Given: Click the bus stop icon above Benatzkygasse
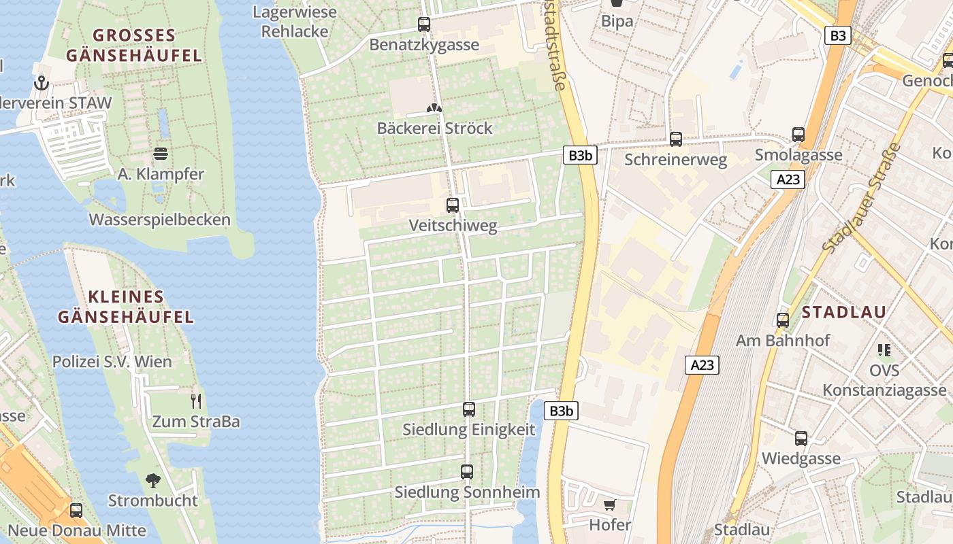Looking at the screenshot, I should pyautogui.click(x=424, y=25).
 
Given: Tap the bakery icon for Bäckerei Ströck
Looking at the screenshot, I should pyautogui.click(x=434, y=108).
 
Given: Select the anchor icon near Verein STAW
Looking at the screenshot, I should pyautogui.click(x=42, y=84).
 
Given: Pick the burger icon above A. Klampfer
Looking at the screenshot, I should pyautogui.click(x=161, y=154).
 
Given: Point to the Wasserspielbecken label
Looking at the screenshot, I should pyautogui.click(x=160, y=220).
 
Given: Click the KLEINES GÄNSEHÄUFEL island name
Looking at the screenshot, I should pyautogui.click(x=126, y=307).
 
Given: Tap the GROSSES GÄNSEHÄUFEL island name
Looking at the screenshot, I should pyautogui.click(x=134, y=45).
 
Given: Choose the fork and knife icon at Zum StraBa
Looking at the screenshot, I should pyautogui.click(x=196, y=401).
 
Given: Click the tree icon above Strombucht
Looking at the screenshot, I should pyautogui.click(x=153, y=481).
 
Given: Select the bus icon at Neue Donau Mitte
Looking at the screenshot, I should pyautogui.click(x=76, y=511).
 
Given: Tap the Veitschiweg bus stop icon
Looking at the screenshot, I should pyautogui.click(x=453, y=205).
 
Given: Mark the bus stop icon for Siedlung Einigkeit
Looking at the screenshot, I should pyautogui.click(x=468, y=409).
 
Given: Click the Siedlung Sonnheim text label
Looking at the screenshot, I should pyautogui.click(x=467, y=492).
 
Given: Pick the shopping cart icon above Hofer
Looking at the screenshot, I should pyautogui.click(x=610, y=505).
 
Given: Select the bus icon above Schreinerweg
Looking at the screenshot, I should pyautogui.click(x=676, y=139).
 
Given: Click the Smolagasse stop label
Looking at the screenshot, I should pyautogui.click(x=798, y=155).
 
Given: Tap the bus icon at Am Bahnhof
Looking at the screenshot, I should pyautogui.click(x=783, y=320).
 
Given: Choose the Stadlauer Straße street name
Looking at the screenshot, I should pyautogui.click(x=862, y=198).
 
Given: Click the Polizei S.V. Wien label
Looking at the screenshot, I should pyautogui.click(x=112, y=362).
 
